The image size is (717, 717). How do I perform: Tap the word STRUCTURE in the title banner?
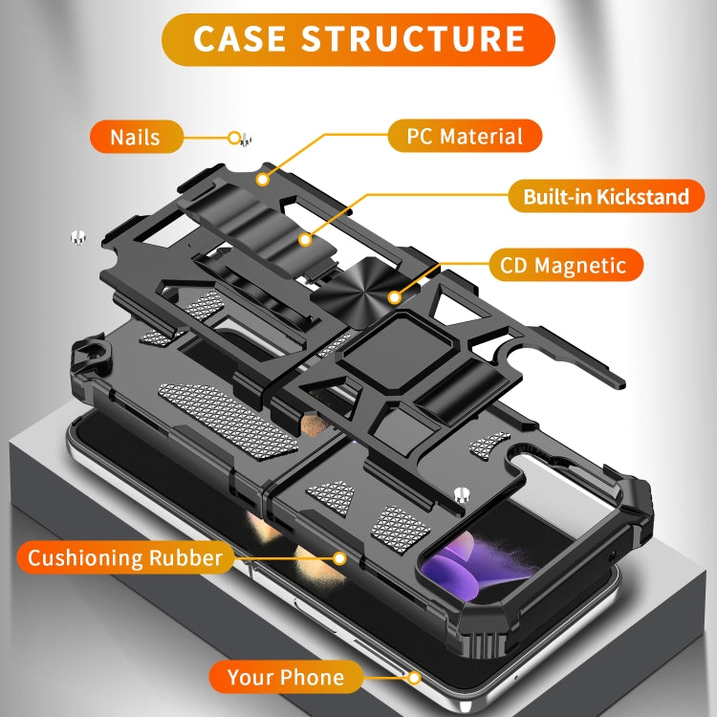click(413, 39)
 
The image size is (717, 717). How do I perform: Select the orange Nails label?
click(135, 137)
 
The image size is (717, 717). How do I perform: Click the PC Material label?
click(465, 136)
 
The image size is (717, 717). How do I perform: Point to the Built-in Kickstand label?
click(605, 197)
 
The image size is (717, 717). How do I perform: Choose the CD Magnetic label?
click(563, 265)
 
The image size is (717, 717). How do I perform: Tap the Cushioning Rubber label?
click(124, 557)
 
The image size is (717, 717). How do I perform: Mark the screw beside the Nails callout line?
click(244, 139)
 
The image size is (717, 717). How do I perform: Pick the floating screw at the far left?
click(77, 237)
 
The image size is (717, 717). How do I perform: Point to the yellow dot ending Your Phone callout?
click(414, 678)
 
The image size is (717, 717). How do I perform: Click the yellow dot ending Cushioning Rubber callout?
click(338, 557)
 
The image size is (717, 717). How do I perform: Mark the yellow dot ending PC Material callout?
click(261, 178)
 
